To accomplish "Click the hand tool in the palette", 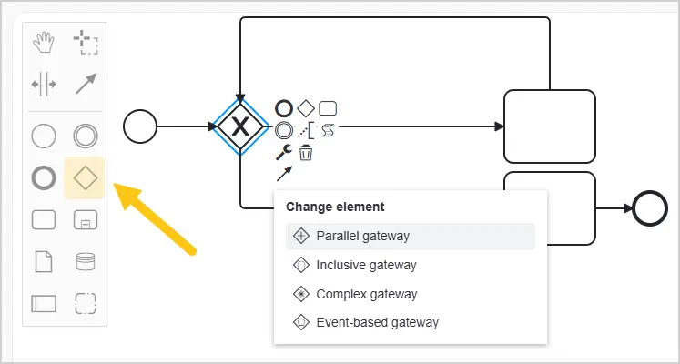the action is click(44, 43).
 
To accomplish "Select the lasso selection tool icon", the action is click(86, 43).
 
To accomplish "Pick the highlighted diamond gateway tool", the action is click(85, 178).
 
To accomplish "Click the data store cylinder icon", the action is click(86, 261).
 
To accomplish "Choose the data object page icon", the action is click(44, 261).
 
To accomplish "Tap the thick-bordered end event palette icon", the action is click(44, 178).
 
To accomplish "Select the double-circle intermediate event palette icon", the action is click(86, 136).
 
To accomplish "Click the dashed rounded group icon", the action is click(86, 303).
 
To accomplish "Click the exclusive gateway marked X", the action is click(239, 126).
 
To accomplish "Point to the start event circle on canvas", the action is click(140, 126).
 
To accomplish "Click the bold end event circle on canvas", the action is click(650, 208).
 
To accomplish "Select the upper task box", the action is click(550, 126).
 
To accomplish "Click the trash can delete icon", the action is click(306, 153).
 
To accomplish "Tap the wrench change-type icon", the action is click(284, 153).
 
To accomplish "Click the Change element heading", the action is click(335, 207).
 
